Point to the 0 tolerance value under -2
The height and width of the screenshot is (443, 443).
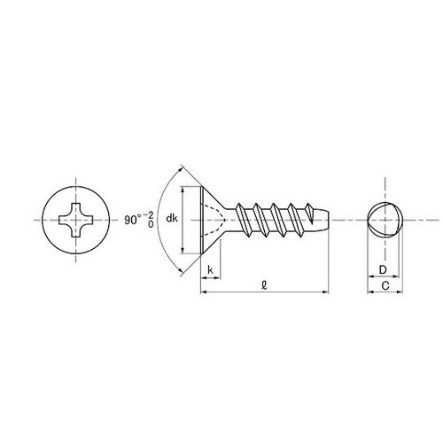[150, 225]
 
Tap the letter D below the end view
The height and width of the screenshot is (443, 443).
[382, 268]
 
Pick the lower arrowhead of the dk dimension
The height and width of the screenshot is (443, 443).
[183, 250]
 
